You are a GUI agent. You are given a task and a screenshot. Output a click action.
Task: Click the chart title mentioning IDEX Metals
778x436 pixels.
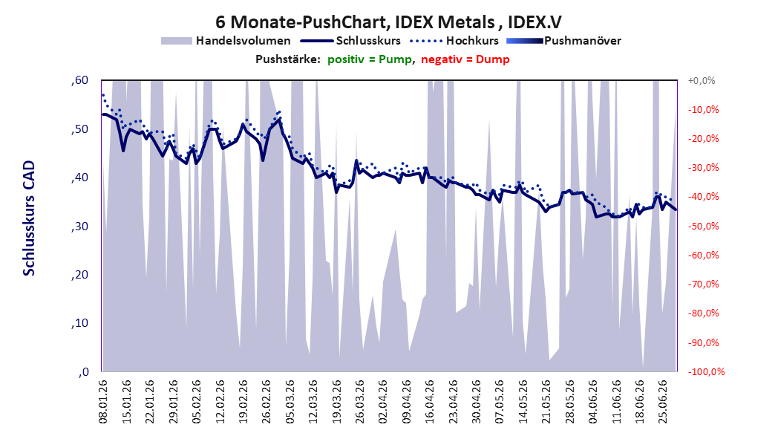click(388, 22)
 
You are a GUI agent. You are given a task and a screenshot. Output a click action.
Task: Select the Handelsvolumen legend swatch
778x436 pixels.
click(176, 41)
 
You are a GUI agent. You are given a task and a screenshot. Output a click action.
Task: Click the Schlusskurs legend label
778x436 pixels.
click(368, 41)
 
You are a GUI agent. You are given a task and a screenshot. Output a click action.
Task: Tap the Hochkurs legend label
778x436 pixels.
click(472, 41)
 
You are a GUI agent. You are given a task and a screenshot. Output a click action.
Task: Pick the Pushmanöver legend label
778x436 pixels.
click(583, 41)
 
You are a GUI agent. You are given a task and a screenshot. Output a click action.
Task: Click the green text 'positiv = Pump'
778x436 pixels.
click(370, 59)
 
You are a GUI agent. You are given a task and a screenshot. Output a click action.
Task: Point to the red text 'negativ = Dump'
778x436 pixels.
click(465, 59)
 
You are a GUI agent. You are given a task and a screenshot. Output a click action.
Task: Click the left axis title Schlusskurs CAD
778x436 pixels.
click(29, 218)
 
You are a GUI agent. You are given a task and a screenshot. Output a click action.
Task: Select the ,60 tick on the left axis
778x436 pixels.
click(79, 80)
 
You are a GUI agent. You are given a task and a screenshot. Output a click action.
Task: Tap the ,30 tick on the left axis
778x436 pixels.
click(79, 226)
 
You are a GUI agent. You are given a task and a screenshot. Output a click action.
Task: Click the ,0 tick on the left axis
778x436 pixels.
click(83, 372)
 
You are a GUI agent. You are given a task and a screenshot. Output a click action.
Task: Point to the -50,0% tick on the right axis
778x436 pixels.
click(703, 226)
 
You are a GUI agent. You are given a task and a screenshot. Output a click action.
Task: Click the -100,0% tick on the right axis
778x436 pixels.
click(705, 371)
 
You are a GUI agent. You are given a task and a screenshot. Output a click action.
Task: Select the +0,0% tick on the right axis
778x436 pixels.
click(702, 80)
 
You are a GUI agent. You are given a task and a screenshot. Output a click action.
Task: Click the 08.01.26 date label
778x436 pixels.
click(103, 402)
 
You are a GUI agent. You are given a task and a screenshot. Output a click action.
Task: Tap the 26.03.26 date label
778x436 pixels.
click(360, 402)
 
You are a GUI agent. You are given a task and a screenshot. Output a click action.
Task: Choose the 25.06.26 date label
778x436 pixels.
click(662, 402)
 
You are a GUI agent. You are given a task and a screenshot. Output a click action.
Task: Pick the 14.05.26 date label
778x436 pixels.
click(523, 402)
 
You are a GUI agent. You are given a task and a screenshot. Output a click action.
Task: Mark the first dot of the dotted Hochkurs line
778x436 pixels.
click(102, 95)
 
